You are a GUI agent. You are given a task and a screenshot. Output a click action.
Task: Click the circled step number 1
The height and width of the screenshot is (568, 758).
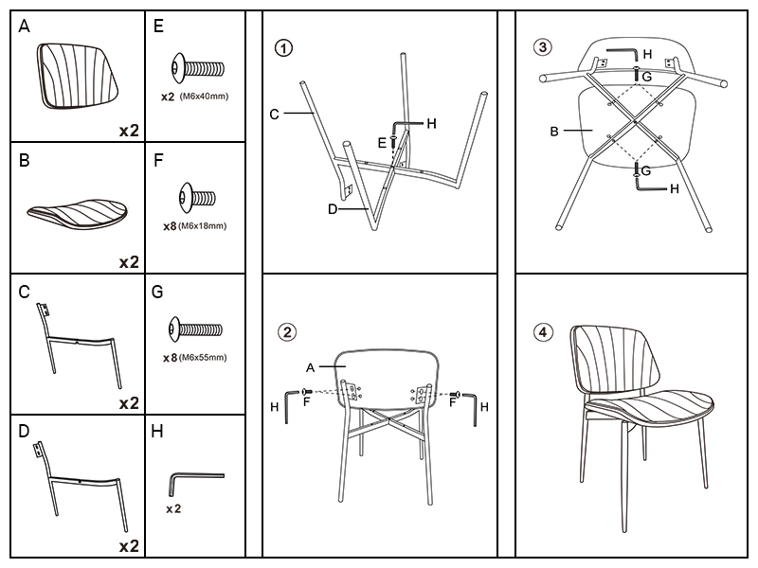285,47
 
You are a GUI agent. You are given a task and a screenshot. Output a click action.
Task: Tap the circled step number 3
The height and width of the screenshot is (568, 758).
542,47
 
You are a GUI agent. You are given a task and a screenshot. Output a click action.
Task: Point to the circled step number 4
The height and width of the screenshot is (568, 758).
542,331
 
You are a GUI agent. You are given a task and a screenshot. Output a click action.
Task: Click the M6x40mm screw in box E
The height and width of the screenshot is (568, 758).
197,69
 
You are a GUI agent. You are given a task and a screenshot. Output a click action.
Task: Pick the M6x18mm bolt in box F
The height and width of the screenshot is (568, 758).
197,199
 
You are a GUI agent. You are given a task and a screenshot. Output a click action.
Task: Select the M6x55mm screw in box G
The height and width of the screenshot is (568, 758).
195,329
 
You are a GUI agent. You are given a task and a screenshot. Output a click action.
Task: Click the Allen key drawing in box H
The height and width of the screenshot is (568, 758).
195,480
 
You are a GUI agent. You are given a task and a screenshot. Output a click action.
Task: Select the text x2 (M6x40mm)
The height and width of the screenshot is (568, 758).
194,97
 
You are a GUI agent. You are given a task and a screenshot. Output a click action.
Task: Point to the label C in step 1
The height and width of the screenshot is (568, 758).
274,115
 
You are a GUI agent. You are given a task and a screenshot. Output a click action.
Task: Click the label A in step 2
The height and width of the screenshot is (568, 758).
310,366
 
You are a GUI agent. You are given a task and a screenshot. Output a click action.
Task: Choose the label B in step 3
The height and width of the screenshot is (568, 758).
554,132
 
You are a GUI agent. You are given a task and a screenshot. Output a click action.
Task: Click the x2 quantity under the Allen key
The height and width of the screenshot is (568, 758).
173,509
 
